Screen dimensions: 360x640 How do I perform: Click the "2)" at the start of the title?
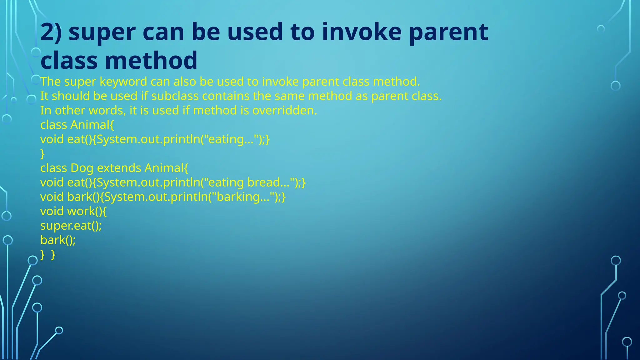51,32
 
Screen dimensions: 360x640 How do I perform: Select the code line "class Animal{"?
77,125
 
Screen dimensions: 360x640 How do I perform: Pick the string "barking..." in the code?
243,197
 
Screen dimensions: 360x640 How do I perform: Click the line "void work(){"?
73,211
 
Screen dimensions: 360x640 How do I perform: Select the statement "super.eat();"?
71,226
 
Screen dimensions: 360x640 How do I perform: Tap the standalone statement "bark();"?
58,240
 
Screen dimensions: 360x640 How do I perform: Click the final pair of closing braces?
48,254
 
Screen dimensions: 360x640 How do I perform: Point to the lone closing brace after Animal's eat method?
42,154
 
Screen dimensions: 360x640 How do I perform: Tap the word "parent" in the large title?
448,32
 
